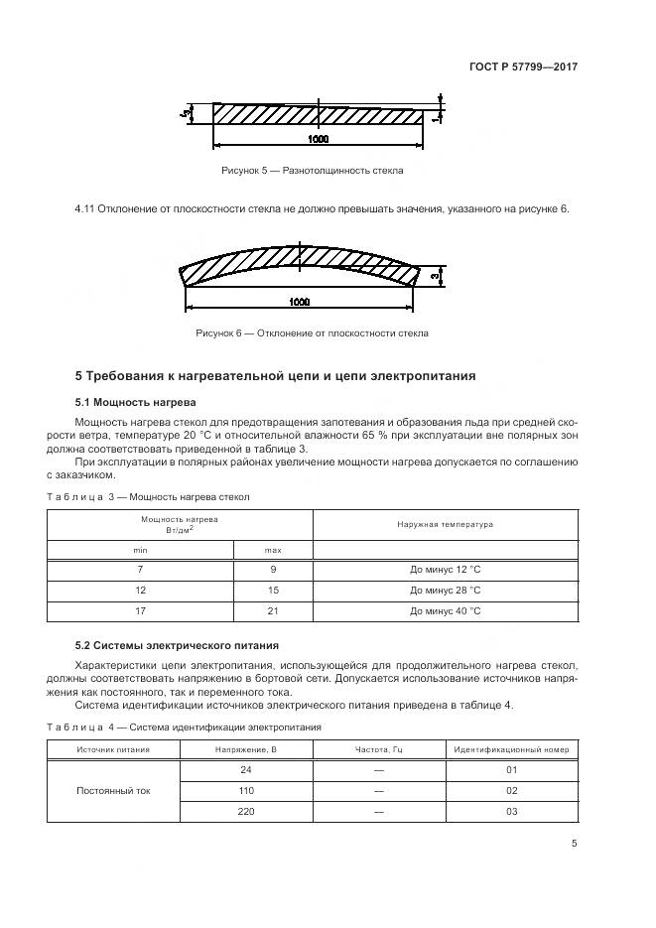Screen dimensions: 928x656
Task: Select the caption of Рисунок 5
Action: coord(312,171)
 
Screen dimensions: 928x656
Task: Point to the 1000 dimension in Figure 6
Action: coord(300,301)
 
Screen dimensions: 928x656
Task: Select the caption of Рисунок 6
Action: coord(312,333)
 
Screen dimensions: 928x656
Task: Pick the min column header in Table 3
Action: coord(140,549)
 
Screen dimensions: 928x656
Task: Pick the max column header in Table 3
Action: coord(272,549)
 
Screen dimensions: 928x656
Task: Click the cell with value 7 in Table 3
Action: coord(140,571)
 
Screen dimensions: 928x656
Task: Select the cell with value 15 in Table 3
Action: coord(272,591)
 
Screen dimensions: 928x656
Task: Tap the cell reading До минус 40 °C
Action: coord(445,611)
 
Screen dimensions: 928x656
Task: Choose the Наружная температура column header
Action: coord(445,523)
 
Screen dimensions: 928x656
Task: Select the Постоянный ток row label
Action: coord(113,791)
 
